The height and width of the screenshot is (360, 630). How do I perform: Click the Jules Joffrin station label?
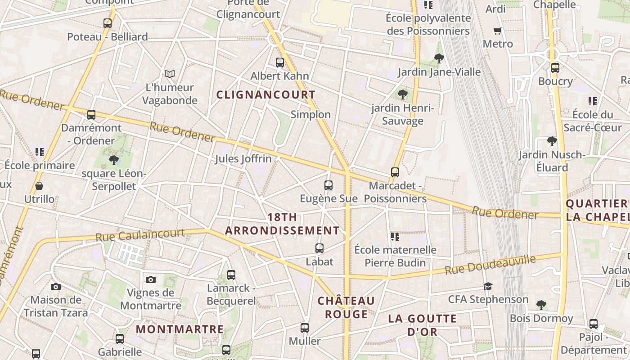(x=243, y=159)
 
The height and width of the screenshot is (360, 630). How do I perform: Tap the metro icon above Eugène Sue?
(x=328, y=185)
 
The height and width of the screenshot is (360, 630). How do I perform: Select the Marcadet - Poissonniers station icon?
(x=395, y=172)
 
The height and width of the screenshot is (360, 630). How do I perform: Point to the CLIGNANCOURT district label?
(x=266, y=95)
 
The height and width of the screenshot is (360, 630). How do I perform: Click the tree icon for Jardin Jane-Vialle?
(x=439, y=58)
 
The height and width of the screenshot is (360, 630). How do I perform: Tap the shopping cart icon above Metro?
(x=498, y=31)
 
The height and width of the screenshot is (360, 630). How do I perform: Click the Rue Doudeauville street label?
(x=490, y=265)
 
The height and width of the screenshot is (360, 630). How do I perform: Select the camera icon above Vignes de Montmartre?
(x=151, y=279)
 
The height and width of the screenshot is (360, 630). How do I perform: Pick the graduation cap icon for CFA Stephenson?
(x=488, y=286)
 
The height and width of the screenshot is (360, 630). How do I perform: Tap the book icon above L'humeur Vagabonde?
(x=170, y=74)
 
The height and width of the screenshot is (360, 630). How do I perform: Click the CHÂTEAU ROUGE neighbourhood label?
(x=346, y=307)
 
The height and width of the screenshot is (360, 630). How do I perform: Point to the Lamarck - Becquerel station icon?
(x=231, y=274)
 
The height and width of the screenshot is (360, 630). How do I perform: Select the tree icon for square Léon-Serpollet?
(x=114, y=159)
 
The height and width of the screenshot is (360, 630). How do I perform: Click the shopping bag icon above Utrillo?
(x=39, y=185)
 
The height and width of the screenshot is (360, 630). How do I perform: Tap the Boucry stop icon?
(x=555, y=68)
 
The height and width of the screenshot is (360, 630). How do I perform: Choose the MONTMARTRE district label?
(x=180, y=329)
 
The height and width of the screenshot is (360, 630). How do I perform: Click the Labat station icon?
(x=319, y=248)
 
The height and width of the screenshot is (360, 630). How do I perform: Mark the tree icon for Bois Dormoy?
(x=541, y=305)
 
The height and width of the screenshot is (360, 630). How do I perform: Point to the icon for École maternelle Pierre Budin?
(x=395, y=236)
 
